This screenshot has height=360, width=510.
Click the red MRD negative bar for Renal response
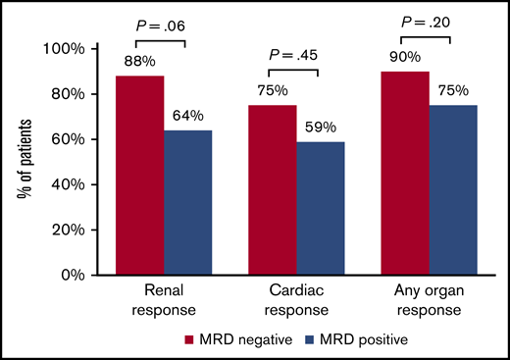140,176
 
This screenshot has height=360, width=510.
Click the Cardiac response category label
296,301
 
